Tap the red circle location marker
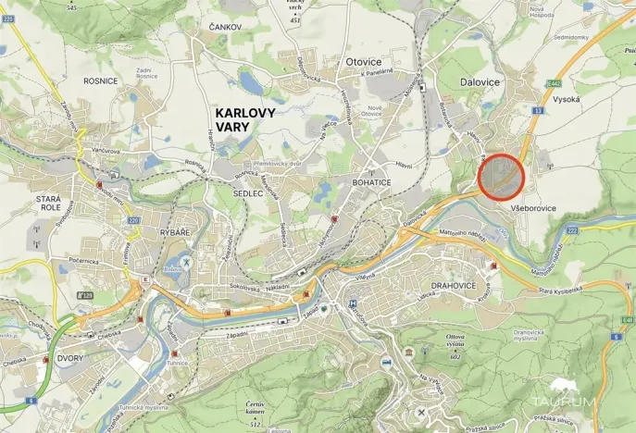(x=501, y=175)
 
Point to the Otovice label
(x=363, y=62)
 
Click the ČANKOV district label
(x=225, y=28)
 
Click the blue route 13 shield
(x=537, y=110)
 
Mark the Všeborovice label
(x=532, y=208)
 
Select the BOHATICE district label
(x=374, y=183)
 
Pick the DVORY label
(x=70, y=358)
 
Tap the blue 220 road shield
(x=133, y=221)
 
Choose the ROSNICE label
(x=100, y=80)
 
